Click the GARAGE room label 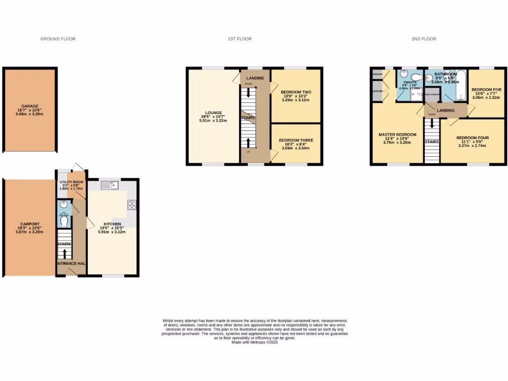click(29, 106)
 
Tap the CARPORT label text click(29, 224)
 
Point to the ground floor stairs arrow click(64, 254)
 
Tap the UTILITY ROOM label click(71, 182)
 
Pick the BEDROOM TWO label click(295, 92)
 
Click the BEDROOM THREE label click(296, 140)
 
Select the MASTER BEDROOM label click(397, 134)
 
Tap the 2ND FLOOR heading click(424, 39)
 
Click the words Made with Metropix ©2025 click(254, 342)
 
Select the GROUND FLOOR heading click(58, 39)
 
